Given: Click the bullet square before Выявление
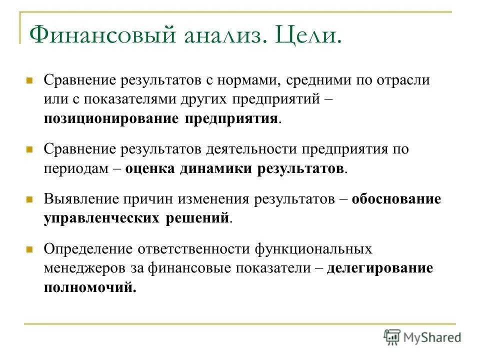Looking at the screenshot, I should pyautogui.click(x=29, y=199).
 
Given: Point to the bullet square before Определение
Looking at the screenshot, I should pyautogui.click(x=29, y=248).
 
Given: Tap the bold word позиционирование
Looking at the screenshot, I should pyautogui.click(x=111, y=119).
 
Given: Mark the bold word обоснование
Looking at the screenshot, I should pyautogui.click(x=396, y=199).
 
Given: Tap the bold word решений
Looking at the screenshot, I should pyautogui.click(x=197, y=218).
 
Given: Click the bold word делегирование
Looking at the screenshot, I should pyautogui.click(x=380, y=267).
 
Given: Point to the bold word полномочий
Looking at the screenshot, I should pyautogui.click(x=90, y=287).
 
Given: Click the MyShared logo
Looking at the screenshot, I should pyautogui.click(x=422, y=336).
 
